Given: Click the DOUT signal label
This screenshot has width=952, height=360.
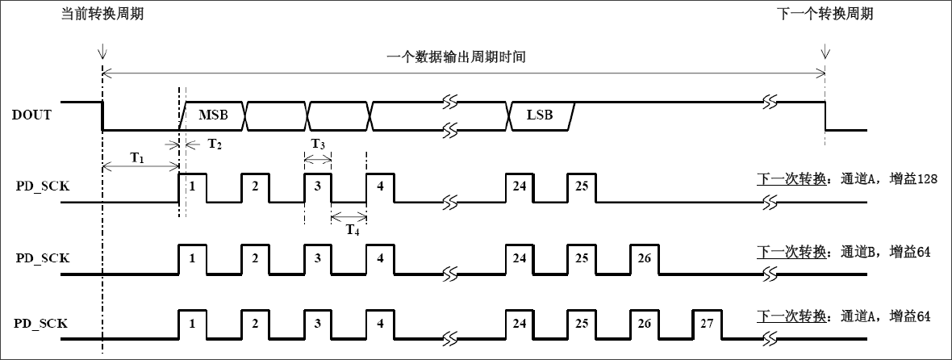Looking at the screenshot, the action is (32, 115).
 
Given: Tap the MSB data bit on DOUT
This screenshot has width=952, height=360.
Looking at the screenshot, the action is (213, 115).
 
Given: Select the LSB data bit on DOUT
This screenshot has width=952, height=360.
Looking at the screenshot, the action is (540, 115).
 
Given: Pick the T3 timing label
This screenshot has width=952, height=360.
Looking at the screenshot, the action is (318, 144).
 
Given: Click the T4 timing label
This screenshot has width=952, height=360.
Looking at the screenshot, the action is (352, 229).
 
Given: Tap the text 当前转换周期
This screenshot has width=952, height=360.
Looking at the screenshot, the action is (102, 15).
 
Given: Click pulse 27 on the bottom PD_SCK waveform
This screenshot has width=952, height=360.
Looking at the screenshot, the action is (707, 324).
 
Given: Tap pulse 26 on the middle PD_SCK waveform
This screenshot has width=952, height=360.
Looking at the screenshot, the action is (644, 257).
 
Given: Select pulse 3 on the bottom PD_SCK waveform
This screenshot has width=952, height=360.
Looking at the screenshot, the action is (318, 324).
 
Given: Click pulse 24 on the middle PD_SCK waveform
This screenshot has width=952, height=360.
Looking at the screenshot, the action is (519, 257).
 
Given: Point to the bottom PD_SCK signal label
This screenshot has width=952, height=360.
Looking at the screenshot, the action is (41, 324).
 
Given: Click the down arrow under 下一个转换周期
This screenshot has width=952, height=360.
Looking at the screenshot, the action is (825, 53).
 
